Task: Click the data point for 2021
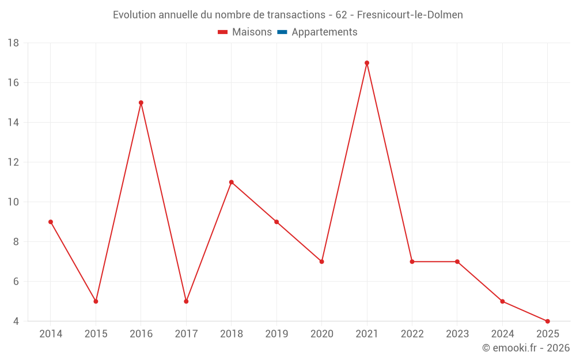click(367, 63)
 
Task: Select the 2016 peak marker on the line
click(141, 103)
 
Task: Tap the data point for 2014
click(51, 222)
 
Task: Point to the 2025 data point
click(548, 321)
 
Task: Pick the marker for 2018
click(232, 182)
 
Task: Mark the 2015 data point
click(96, 301)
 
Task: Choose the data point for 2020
click(322, 262)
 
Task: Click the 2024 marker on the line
click(503, 301)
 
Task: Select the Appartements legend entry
click(324, 32)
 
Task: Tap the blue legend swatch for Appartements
click(282, 32)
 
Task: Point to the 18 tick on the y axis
click(13, 43)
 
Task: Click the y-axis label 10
click(13, 202)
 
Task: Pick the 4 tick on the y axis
click(16, 321)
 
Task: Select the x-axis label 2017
click(186, 334)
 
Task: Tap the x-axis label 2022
click(412, 334)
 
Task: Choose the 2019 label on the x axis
click(276, 334)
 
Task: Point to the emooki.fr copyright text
click(526, 348)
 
